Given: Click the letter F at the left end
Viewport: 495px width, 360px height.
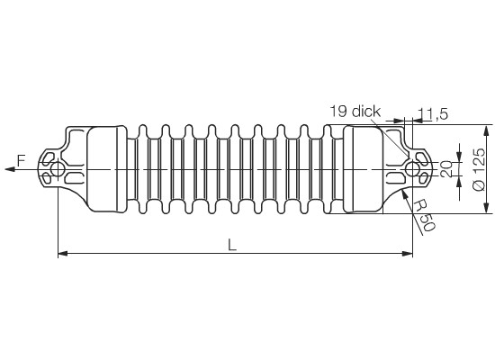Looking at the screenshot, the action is pos(21,161).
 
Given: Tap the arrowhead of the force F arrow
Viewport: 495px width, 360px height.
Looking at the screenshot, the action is pos(10,169).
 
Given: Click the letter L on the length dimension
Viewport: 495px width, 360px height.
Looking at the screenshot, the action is pos(232,245).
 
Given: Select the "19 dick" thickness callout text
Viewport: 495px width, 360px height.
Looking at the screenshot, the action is pos(355,112).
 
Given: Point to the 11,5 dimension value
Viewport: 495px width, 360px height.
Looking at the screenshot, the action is pos(433,114).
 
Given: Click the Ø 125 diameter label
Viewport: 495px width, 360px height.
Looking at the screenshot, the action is pos(479,169).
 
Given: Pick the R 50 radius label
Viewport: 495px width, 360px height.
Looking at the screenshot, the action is pos(425,215).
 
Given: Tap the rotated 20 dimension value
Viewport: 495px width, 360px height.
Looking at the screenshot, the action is pos(446,169).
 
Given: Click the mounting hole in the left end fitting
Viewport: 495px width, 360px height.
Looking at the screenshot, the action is pos(57,169).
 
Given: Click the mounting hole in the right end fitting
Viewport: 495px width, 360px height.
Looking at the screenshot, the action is pos(412,169).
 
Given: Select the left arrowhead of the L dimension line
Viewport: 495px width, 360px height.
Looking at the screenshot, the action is pos(63,253).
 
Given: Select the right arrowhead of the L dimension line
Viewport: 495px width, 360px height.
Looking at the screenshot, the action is pos(408,253).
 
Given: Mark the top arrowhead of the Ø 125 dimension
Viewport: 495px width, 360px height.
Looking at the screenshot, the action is pos(487,130).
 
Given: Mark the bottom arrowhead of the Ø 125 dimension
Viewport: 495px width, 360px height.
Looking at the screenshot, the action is pos(487,209).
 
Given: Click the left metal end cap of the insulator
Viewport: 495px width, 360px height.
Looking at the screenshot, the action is pos(107,169).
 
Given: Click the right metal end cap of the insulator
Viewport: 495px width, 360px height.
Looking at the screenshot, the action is pos(363,169).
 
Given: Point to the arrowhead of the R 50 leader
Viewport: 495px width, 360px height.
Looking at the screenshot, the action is pos(404,194).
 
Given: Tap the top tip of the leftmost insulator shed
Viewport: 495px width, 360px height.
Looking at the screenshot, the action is pos(143,125).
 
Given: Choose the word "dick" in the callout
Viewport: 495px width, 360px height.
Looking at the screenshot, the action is pos(366,112).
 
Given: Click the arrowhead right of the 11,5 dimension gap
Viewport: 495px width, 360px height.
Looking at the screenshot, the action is pos(418,120).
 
